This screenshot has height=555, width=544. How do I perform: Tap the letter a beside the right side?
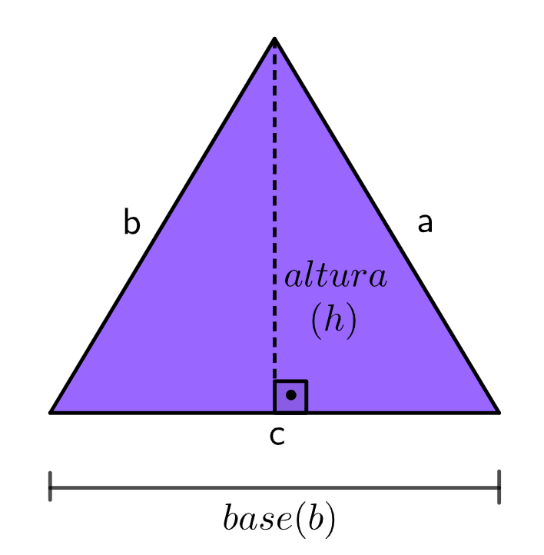[425, 223]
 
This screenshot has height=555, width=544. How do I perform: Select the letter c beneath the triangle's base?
[277, 436]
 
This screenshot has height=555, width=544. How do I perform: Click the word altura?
[336, 277]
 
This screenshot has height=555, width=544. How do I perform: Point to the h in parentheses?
[333, 322]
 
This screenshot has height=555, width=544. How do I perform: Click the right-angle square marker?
[290, 397]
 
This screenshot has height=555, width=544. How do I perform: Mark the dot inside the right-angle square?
[290, 395]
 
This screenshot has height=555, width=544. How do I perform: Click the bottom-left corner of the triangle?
[51, 412]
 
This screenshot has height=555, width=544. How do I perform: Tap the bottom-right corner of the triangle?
[499, 412]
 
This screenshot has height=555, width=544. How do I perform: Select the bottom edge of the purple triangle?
[169, 412]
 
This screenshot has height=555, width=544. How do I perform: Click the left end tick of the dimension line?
[50, 487]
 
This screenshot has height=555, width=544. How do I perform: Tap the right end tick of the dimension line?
[499, 487]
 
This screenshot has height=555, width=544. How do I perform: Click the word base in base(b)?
[257, 521]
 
